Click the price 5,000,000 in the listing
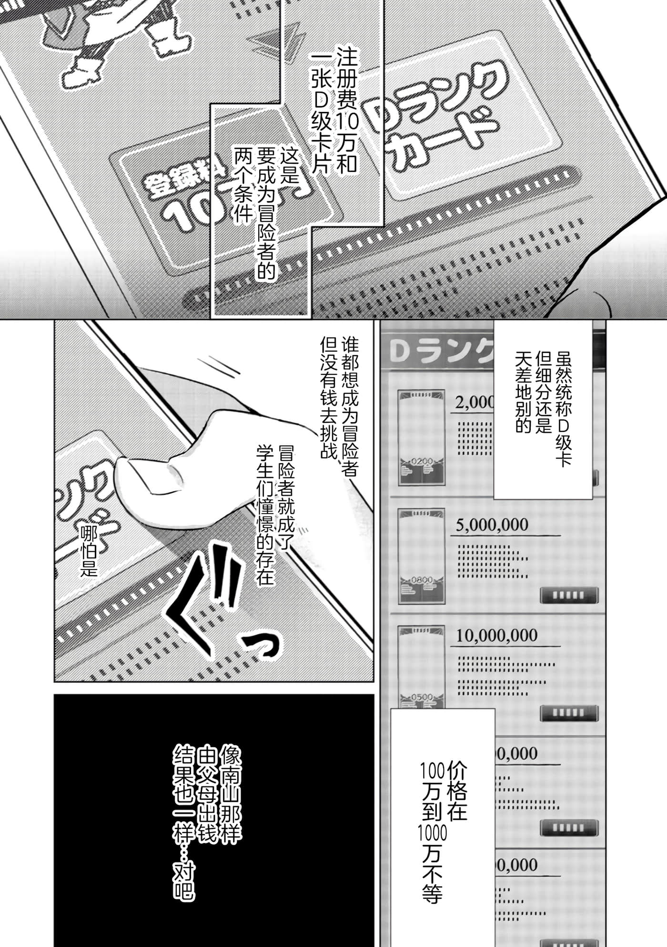[492, 525]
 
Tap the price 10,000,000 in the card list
[496, 636]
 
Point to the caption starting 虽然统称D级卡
[543, 405]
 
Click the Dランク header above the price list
[438, 352]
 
